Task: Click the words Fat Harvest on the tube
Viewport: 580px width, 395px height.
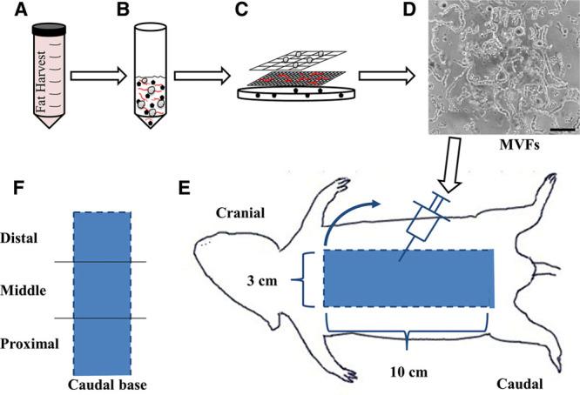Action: coord(48,74)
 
